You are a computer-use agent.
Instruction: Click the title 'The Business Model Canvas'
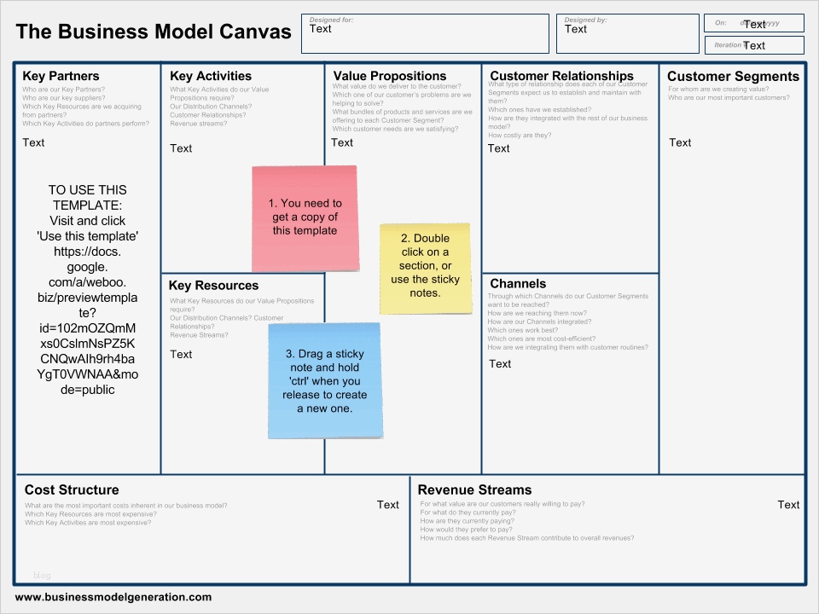(x=154, y=32)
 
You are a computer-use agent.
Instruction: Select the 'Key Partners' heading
(x=61, y=76)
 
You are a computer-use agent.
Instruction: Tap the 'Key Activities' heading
(x=211, y=76)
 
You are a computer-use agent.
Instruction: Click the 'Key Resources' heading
(x=213, y=286)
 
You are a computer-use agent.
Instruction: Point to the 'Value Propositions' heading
(x=390, y=76)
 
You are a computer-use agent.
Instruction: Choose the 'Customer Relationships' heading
(x=561, y=76)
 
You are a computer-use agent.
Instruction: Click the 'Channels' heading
(x=518, y=284)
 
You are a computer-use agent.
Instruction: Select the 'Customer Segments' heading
(x=733, y=76)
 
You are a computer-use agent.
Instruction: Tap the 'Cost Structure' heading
(x=72, y=489)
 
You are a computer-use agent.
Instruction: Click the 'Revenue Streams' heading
(x=474, y=489)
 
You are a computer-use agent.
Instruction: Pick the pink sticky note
(x=305, y=218)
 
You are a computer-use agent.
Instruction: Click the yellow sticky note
(x=425, y=269)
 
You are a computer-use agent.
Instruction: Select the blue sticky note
(x=325, y=380)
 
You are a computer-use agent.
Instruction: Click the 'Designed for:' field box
(x=425, y=34)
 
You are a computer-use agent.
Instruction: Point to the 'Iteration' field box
(x=754, y=45)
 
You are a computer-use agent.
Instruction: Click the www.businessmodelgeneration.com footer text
(x=113, y=597)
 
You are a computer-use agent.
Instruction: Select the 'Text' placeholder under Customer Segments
(x=680, y=142)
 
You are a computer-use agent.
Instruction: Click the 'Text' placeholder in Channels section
(x=500, y=364)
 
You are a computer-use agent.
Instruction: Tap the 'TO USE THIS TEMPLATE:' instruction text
(x=87, y=198)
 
